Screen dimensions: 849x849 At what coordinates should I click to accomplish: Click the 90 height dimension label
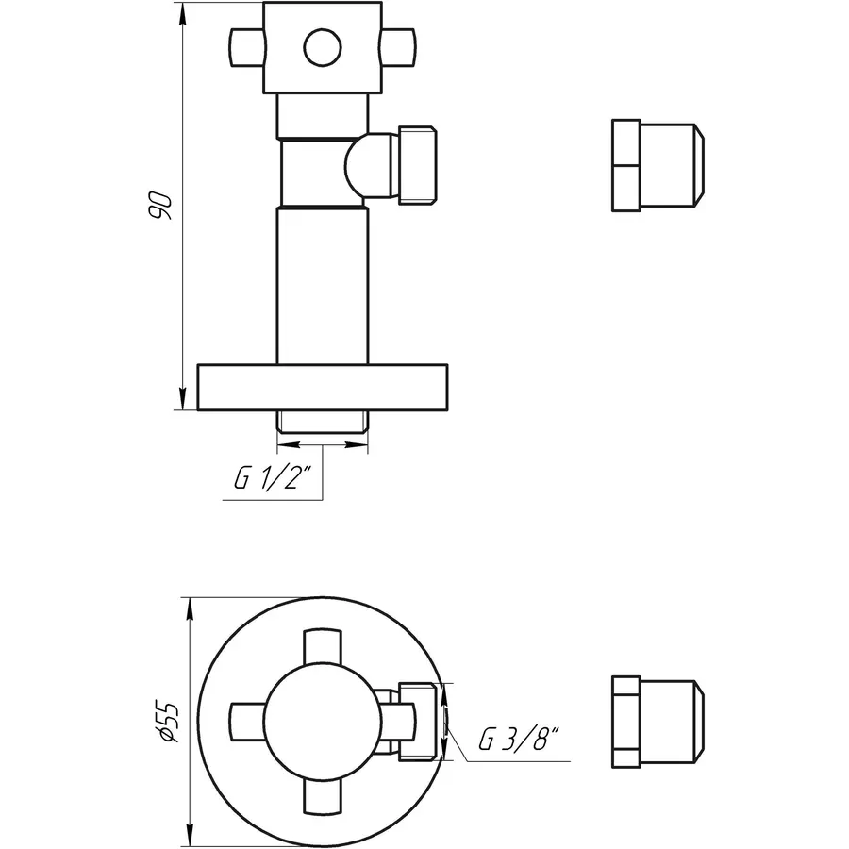click(x=161, y=206)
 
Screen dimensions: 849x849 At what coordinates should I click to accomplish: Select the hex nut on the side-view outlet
click(x=419, y=165)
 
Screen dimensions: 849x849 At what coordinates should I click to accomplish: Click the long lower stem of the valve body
click(x=321, y=283)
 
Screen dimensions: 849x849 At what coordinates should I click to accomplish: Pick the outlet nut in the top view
click(x=421, y=722)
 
